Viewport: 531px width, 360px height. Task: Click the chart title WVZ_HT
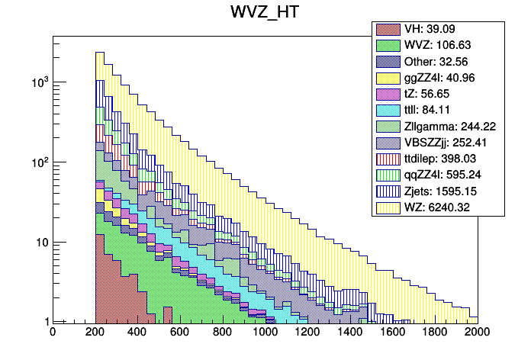pos(265,13)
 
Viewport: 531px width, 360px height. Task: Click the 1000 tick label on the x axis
pos(265,333)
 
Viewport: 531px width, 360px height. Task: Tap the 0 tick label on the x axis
pos(53,333)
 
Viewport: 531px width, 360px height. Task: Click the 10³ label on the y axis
pos(38,81)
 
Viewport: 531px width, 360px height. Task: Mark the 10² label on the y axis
pos(38,162)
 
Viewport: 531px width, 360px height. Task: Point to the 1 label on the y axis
pos(45,322)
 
